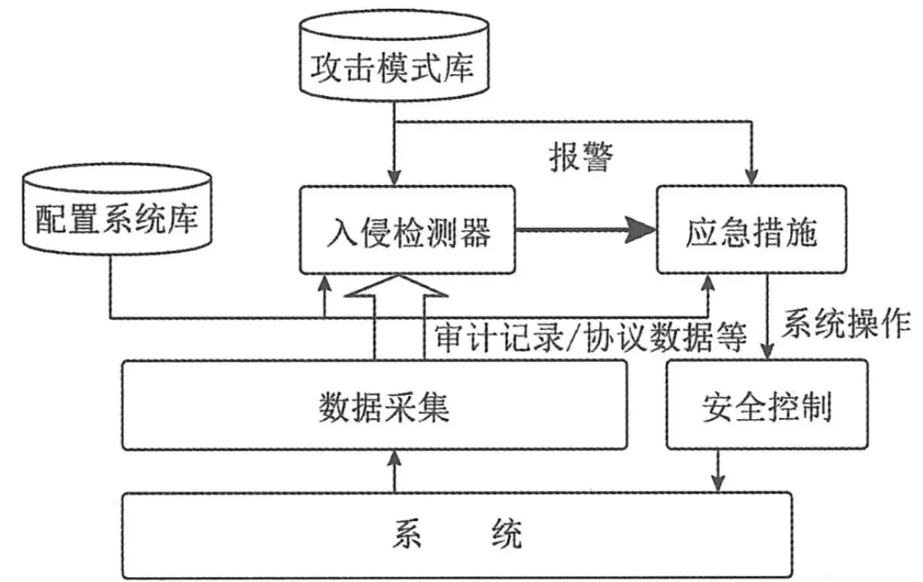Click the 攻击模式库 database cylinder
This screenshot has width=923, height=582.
click(393, 65)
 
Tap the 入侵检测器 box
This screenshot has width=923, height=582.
click(407, 230)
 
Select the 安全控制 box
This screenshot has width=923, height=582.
click(765, 405)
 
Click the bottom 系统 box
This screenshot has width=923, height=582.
click(456, 535)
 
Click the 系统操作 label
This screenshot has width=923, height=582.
click(845, 324)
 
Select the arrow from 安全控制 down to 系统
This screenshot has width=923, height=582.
click(718, 470)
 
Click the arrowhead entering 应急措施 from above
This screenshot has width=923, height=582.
click(748, 176)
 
